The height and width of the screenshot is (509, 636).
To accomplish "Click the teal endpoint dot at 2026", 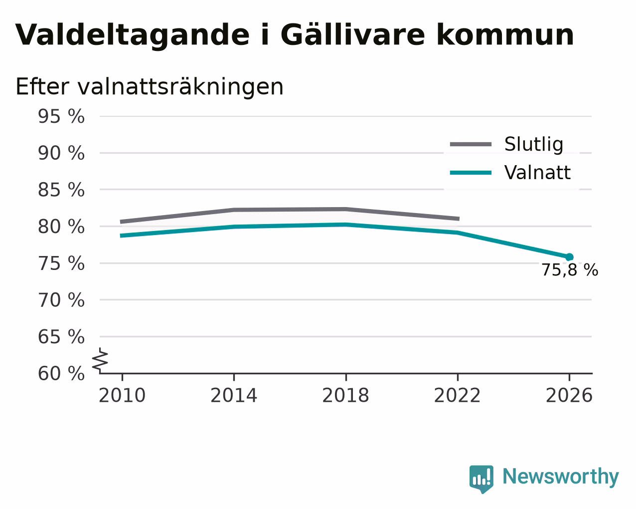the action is coord(569,257).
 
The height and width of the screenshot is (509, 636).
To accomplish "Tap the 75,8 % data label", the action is coord(570,270).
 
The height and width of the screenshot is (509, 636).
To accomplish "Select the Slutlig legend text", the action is coord(534,144).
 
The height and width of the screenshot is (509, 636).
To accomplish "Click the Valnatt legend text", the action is coord(537,173).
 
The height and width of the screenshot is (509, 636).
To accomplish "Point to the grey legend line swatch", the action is coord(471,144).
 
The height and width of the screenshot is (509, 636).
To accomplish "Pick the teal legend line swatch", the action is coord(471,173).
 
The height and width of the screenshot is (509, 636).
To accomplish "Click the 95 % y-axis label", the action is coord(61,116).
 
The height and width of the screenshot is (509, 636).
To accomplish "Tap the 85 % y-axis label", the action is coord(61,190).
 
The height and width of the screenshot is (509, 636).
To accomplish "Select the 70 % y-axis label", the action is coord(61,300).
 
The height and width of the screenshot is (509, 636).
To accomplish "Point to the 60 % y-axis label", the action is coord(61,373).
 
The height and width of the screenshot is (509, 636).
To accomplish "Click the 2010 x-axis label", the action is coord(122,396).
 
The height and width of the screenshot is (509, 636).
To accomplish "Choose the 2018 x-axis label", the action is coord(346,396).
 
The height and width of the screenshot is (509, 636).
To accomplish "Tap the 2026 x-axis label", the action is coord(569,396).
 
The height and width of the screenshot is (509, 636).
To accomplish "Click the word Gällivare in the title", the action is coord(352,35).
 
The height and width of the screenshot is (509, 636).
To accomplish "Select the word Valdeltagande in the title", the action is coord(133,35).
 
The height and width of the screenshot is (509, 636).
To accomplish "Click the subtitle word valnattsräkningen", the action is coord(180,87).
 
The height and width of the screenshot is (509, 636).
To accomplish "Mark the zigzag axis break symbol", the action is coord(100,360).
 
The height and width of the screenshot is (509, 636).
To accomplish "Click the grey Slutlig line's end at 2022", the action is coord(459,219).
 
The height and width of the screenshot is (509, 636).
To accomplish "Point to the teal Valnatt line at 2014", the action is coord(234,227).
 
